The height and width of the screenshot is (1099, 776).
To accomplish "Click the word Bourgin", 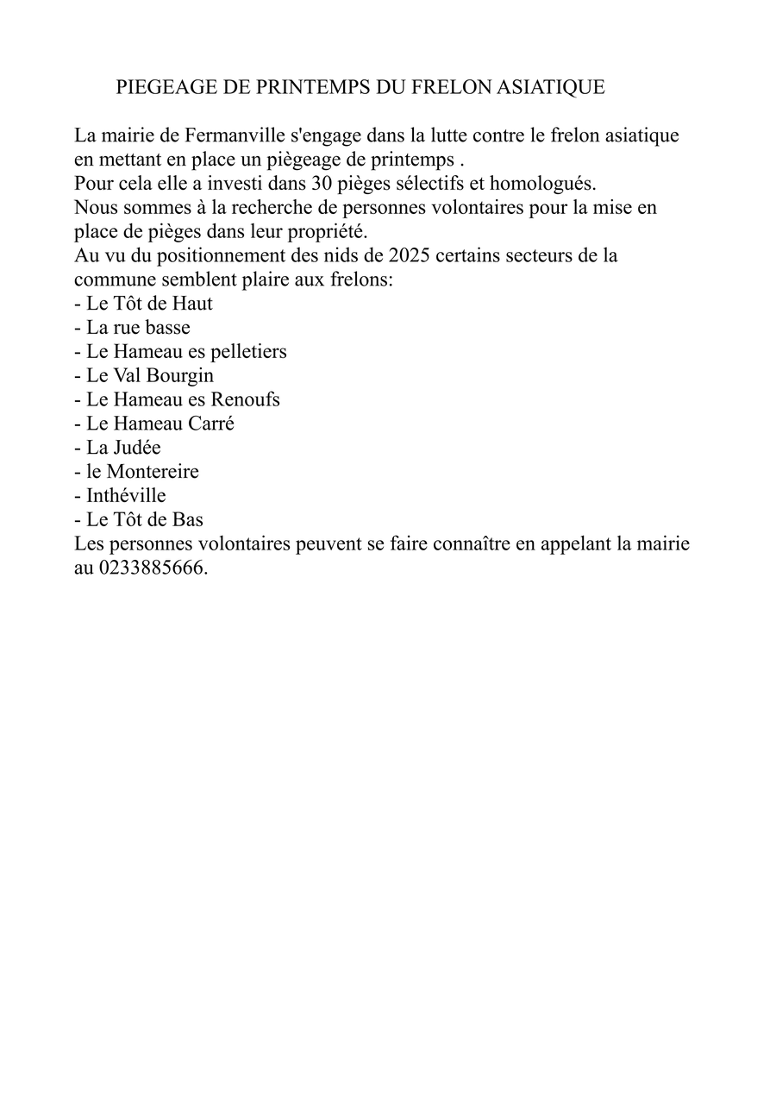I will click(x=181, y=376).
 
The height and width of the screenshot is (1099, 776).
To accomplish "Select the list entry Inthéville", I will click(x=126, y=496).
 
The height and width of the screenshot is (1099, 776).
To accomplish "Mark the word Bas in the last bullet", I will click(x=187, y=520).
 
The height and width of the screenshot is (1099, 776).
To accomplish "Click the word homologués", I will click(x=543, y=184).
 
